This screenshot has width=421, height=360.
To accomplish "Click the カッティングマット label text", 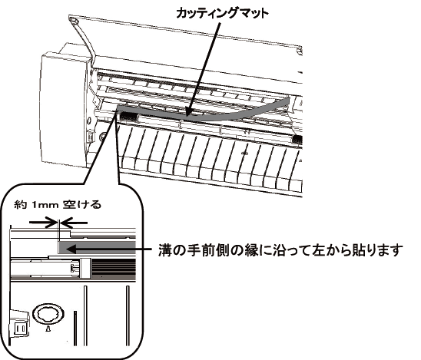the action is [222, 12].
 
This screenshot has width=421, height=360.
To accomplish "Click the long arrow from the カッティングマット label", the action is [204, 69].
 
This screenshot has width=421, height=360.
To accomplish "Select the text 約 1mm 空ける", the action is [58, 205].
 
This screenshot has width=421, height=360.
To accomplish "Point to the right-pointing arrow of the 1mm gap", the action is [43, 223].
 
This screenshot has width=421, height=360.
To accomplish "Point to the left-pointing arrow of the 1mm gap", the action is [73, 223].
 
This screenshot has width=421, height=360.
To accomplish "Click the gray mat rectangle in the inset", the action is [98, 247].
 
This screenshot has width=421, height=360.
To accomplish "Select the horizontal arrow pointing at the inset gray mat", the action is [109, 249].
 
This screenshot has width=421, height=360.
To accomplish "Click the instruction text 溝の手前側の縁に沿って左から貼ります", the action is [280, 250].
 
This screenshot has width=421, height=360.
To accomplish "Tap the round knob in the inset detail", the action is [48, 313].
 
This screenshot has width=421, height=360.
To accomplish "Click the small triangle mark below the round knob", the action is [48, 329].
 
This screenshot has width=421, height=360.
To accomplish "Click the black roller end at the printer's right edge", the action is [297, 139].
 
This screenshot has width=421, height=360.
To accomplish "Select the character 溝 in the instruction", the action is [165, 250].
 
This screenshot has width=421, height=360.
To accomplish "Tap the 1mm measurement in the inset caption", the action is [45, 206].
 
